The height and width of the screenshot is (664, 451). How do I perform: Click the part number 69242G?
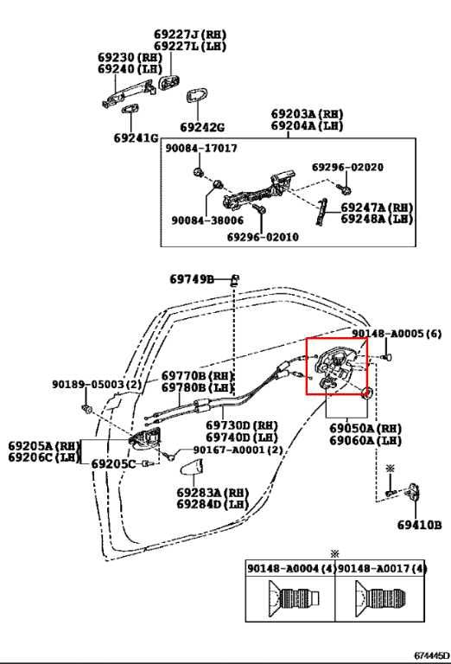202,126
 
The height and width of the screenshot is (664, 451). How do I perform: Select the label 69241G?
136,138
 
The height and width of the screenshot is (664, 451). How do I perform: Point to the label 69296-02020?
347,167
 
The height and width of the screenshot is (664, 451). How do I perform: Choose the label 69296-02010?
263,236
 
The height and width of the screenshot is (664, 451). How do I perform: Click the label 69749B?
192,279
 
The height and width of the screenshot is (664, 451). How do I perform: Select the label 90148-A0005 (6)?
397,334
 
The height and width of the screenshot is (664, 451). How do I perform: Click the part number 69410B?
423,524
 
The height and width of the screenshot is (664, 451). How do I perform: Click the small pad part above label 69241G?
131,110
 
